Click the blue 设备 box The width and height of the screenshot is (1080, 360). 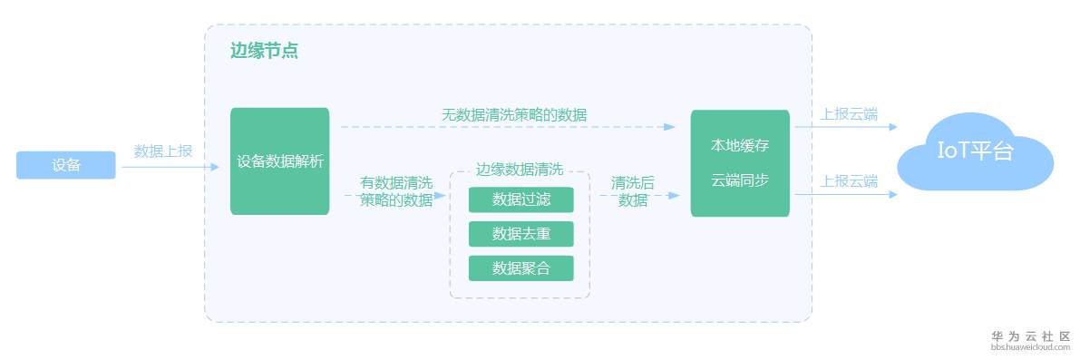coord(66,165)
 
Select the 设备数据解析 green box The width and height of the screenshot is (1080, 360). coord(279,161)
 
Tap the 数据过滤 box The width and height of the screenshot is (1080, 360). coord(521,199)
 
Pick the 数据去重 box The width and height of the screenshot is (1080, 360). coord(521,234)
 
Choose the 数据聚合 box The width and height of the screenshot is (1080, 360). coord(521,268)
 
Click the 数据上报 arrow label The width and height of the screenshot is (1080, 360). coord(163,151)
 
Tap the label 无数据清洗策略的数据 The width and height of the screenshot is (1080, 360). coord(514,115)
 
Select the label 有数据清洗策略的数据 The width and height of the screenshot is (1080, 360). coord(396,192)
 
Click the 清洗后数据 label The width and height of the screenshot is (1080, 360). coord(632,192)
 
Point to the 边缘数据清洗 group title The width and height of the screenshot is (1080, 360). coord(520,170)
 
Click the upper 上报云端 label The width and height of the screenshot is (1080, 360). coord(849,114)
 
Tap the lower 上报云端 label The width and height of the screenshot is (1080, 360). coord(849,181)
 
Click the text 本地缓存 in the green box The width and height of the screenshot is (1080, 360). coord(740,147)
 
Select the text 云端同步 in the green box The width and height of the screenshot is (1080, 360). coord(740,181)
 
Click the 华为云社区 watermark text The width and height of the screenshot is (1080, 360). coord(1031,336)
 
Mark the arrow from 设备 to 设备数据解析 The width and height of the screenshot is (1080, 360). coord(170,167)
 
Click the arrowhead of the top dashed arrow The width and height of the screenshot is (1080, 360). coord(670,127)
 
